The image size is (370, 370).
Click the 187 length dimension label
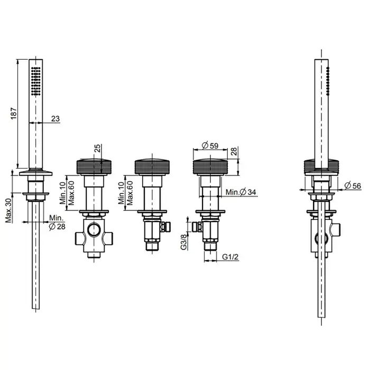[14, 113]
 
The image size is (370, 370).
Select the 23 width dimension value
[55, 118]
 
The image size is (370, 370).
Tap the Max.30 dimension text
[9, 210]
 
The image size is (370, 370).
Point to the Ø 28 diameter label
[57, 227]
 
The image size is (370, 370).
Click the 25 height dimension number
[97, 148]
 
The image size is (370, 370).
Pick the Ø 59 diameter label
[210, 145]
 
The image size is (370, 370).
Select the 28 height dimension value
[234, 151]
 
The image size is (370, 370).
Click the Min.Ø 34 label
[240, 192]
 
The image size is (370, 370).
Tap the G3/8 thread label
[184, 242]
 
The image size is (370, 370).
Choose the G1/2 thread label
[230, 257]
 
